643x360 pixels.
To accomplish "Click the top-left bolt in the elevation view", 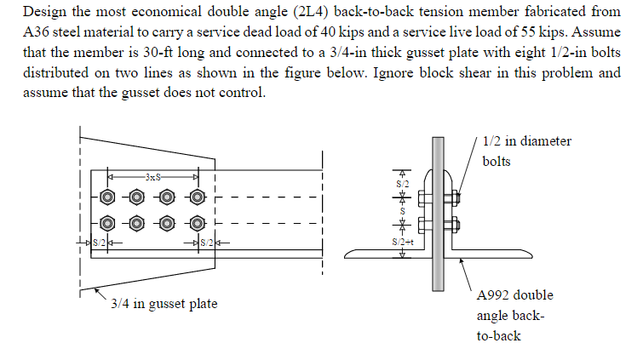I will point(108,197).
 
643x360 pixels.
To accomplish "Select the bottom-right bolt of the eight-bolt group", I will point(198,225).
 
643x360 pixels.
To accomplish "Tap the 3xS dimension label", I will point(152,176).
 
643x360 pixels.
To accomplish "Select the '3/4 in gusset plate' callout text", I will point(164,304).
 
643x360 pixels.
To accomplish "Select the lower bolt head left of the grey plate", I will point(423,225).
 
